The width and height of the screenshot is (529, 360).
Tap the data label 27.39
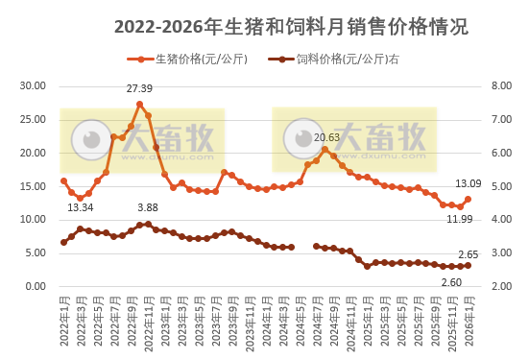tap(140, 89)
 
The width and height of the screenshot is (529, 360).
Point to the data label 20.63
tap(327, 137)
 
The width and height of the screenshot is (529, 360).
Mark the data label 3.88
tap(148, 207)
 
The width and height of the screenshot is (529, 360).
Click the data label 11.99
tap(460, 219)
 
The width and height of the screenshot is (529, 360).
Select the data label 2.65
tap(468, 253)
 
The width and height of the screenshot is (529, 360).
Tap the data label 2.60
tap(451, 281)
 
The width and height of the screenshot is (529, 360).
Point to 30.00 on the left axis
tap(34, 86)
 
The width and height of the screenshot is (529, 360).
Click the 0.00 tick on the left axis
tap(36, 287)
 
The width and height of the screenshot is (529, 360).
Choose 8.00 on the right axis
tap(501, 86)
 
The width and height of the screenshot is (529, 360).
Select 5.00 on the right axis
tap(501, 186)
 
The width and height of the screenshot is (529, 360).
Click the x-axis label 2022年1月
tap(63, 322)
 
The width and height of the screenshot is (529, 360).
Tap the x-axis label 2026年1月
tap(468, 322)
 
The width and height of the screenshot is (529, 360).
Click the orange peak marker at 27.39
tap(139, 104)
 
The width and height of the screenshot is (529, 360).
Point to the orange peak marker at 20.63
tap(325, 149)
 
